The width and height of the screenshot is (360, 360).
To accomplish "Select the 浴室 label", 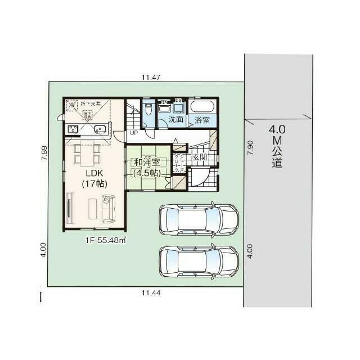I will [202, 120].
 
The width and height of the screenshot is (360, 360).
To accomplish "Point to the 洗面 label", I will [176, 120].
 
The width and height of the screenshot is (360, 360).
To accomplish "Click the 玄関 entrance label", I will [200, 157].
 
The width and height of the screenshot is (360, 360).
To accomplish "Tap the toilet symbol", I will [147, 109].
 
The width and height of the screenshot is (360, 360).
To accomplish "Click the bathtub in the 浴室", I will [201, 106].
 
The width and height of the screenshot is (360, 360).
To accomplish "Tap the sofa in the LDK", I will [108, 208].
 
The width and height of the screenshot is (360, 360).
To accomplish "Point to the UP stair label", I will [133, 133].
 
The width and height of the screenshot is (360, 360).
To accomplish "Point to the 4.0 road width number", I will [277, 129].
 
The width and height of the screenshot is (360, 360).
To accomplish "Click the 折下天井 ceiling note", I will [90, 104].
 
